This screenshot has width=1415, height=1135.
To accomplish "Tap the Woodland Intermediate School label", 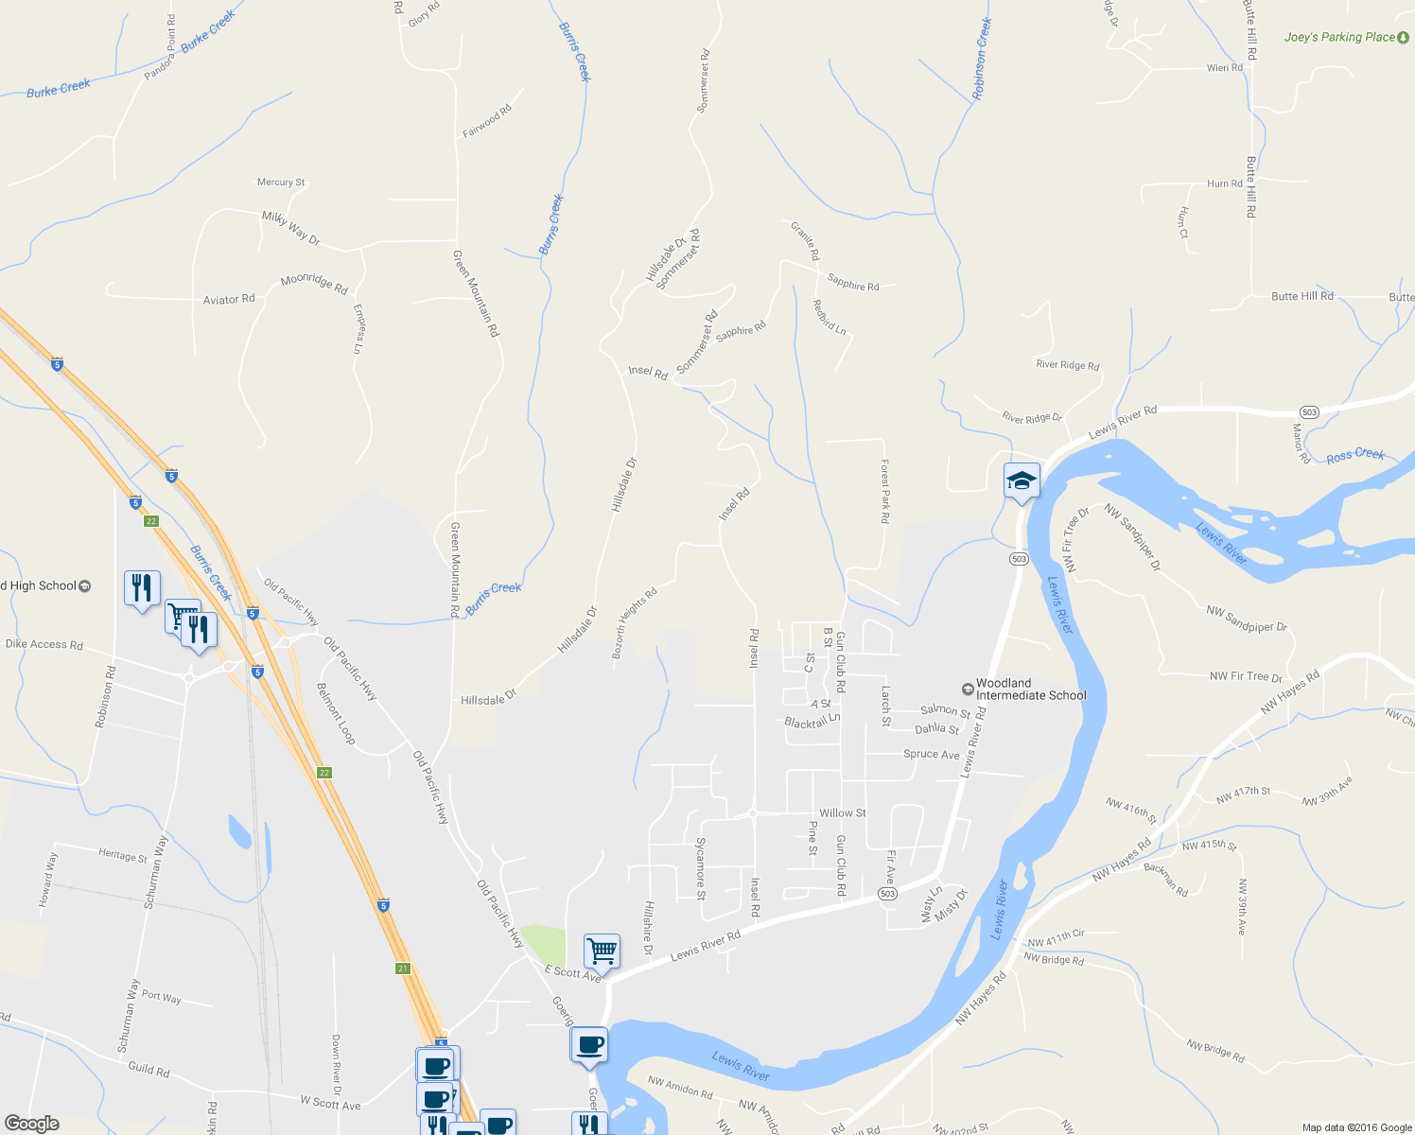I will coord(1030,689).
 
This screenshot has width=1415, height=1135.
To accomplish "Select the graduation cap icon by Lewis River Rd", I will coord(1022,481).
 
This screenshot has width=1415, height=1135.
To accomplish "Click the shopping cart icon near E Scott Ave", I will coord(602,949).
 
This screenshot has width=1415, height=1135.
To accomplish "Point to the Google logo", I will coord(31,1123).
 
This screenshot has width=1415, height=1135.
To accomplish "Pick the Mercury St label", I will coord(281,182).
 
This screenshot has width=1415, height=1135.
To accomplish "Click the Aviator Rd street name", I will coord(229,299).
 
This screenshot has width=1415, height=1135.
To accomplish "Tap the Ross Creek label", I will coord(1354,455).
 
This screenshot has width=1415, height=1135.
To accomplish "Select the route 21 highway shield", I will coord(402,969).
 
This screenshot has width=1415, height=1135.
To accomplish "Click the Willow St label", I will coord(842,812).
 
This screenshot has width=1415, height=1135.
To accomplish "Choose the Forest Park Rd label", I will coord(884,492).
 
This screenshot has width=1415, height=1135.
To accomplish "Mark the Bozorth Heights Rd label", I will coord(634,623).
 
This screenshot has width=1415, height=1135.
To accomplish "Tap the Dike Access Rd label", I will coord(44,644).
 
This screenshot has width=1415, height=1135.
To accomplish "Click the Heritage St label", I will coord(123,855).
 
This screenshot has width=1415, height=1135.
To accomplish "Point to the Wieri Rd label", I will coord(1224,67).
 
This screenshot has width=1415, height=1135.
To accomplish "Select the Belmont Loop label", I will coord(336,713).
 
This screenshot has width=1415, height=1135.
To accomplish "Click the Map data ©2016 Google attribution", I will coord(1356,1126).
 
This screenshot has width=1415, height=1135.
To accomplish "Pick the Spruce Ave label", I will coord(931,754).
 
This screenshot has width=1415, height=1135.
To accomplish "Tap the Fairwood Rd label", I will coord(486,121).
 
